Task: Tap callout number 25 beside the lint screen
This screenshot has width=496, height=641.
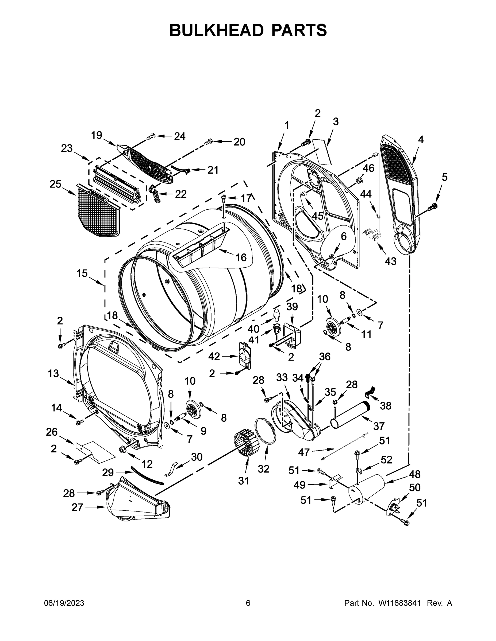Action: pos(55,184)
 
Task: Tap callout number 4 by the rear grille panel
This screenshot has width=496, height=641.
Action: pos(421,140)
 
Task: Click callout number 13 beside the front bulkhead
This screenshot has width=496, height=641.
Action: pos(53,374)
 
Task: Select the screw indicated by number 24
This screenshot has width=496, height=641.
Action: pos(151,137)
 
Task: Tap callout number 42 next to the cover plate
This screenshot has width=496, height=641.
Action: pos(214,356)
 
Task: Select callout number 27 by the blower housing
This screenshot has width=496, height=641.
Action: pos(77,507)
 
